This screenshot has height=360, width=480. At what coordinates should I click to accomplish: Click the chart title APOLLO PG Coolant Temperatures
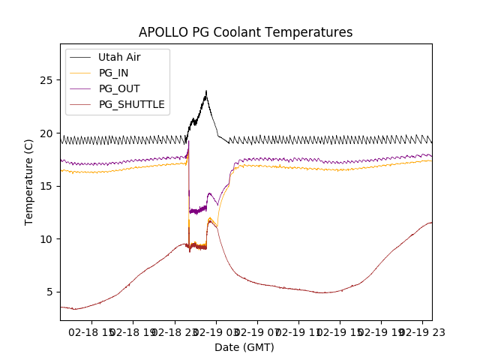pos(245,32)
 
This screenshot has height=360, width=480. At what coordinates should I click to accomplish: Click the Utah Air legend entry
pos(119,57)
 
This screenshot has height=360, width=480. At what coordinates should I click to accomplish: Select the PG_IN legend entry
pos(114,73)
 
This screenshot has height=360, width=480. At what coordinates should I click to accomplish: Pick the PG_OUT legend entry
pos(119,88)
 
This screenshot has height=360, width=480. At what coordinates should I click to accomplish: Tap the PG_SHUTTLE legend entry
pos(131,104)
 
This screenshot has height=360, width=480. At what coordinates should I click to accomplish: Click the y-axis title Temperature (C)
pos(29,181)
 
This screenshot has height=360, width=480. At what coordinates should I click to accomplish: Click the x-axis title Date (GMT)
pos(244,347)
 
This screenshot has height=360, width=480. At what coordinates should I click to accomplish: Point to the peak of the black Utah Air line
pos(206,91)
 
